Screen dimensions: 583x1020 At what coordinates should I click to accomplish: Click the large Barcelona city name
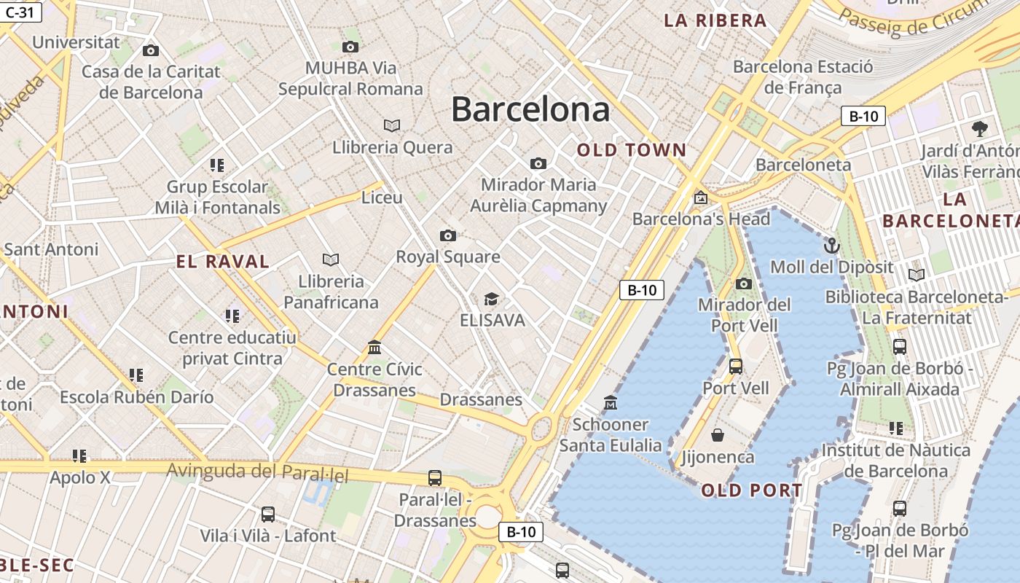click(x=530, y=109)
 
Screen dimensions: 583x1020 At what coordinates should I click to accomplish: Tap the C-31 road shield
click(x=20, y=12)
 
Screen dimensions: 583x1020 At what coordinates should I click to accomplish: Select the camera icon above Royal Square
click(x=448, y=235)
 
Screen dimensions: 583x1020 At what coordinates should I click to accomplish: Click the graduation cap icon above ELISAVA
click(x=492, y=299)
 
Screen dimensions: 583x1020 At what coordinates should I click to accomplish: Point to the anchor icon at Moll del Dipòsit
click(x=831, y=246)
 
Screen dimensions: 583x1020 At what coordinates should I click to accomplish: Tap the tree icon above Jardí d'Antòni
click(x=980, y=129)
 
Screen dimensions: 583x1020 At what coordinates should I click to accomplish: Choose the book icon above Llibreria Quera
click(x=392, y=125)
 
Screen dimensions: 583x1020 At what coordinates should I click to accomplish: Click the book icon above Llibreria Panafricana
click(x=331, y=259)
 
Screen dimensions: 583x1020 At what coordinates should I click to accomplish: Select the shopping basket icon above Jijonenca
click(x=718, y=435)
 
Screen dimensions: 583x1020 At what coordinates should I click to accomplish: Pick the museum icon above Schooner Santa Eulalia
click(x=611, y=402)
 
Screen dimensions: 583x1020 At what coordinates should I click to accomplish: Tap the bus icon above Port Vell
click(x=736, y=366)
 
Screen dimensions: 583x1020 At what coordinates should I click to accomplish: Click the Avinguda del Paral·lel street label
click(x=258, y=473)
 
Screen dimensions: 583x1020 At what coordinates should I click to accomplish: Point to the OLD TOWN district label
click(x=632, y=150)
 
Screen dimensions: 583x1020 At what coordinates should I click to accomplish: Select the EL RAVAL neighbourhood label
click(x=223, y=262)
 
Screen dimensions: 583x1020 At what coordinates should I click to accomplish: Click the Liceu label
click(x=382, y=197)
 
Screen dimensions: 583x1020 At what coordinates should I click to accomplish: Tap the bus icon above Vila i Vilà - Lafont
click(x=268, y=514)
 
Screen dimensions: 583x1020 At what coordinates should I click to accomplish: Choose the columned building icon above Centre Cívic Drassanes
click(x=375, y=347)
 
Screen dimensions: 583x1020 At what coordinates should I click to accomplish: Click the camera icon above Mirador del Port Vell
click(x=744, y=283)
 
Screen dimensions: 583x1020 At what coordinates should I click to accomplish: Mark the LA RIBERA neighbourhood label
click(x=715, y=20)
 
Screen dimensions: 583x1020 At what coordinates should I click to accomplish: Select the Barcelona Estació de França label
click(x=803, y=77)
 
